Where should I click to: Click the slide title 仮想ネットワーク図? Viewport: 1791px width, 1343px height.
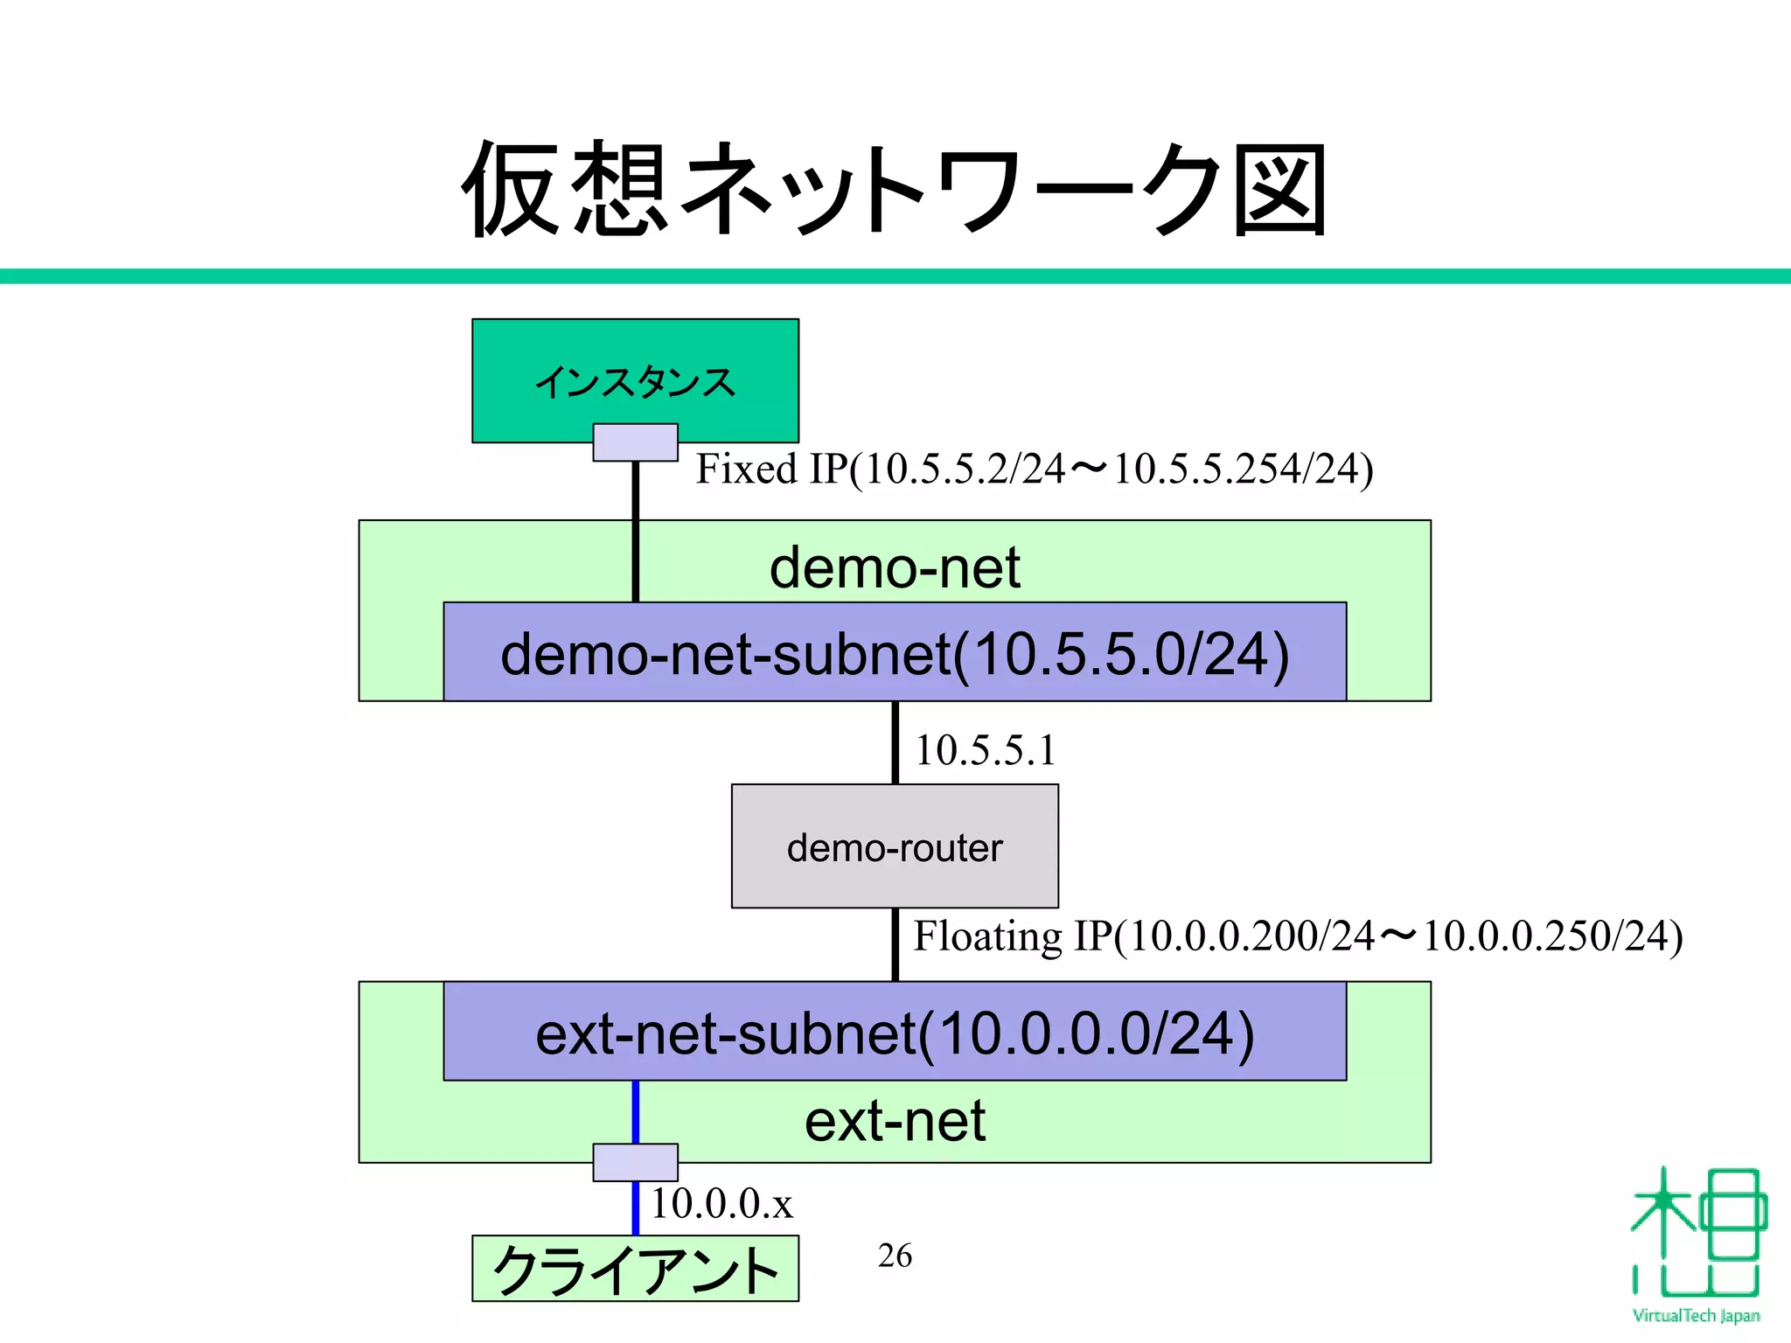pyautogui.click(x=894, y=190)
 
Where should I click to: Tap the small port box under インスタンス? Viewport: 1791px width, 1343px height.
pyautogui.click(x=635, y=442)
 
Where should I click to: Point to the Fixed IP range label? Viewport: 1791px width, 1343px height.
pyautogui.click(x=1034, y=469)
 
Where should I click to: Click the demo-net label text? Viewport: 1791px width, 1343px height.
pyautogui.click(x=894, y=567)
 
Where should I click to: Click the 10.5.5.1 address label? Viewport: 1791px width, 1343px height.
pyautogui.click(x=985, y=750)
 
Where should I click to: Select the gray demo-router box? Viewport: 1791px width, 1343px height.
pyautogui.click(x=894, y=846)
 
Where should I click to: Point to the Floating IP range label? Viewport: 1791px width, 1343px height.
pyautogui.click(x=1298, y=936)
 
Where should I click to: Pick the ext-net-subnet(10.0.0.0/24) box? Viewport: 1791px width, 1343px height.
pyautogui.click(x=894, y=1032)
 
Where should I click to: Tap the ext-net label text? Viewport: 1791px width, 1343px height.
pyautogui.click(x=894, y=1121)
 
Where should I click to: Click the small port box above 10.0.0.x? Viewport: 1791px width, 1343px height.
pyautogui.click(x=635, y=1162)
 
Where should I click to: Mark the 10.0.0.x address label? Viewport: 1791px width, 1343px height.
pyautogui.click(x=721, y=1204)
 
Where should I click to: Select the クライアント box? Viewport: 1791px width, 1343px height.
pyautogui.click(x=635, y=1269)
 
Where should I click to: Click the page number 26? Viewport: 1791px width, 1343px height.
pyautogui.click(x=895, y=1256)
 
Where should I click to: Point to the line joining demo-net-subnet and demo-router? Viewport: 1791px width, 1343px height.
pyautogui.click(x=895, y=742)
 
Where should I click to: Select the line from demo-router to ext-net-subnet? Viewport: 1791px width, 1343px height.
pyautogui.click(x=895, y=944)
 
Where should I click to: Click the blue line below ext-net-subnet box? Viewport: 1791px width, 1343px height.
pyautogui.click(x=635, y=1111)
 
